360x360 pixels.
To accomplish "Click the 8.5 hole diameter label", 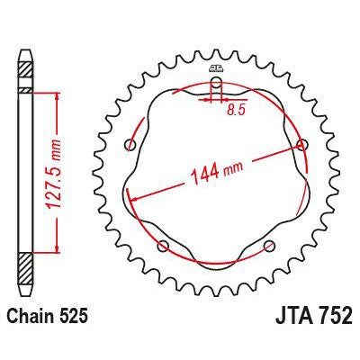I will pyautogui.click(x=236, y=112).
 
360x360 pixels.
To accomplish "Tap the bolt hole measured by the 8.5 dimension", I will pyautogui.click(x=216, y=87).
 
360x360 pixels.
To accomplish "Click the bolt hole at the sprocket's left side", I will pyautogui.click(x=131, y=146).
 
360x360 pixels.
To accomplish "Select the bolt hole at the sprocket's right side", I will pyautogui.click(x=300, y=146).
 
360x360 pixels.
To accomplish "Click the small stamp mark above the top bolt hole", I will pyautogui.click(x=216, y=68).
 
